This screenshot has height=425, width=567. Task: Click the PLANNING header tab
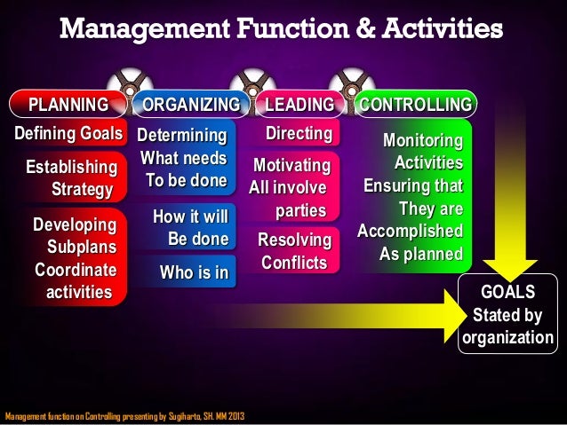point(68,106)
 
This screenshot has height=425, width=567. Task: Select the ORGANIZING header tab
point(190,106)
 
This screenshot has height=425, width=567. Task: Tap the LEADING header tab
point(299,106)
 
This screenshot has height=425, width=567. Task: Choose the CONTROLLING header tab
point(414,106)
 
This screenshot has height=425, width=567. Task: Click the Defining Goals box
point(68,134)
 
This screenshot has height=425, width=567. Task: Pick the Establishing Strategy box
point(71,178)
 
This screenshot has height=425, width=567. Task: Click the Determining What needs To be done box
point(183,159)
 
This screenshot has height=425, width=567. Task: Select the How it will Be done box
point(190,228)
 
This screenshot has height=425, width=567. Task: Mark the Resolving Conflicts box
point(294,252)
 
